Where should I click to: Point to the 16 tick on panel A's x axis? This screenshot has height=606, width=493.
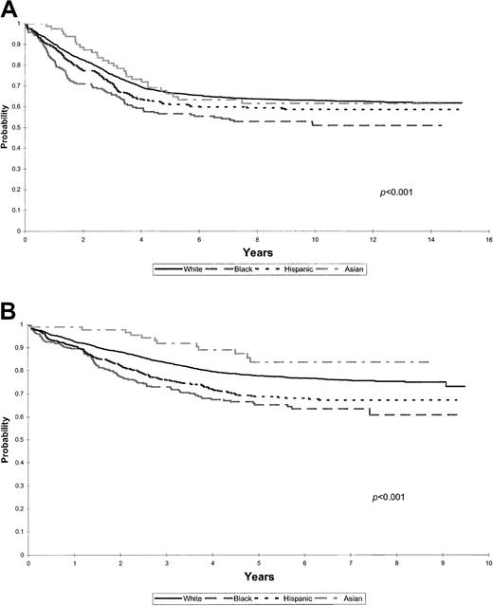click(488, 242)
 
